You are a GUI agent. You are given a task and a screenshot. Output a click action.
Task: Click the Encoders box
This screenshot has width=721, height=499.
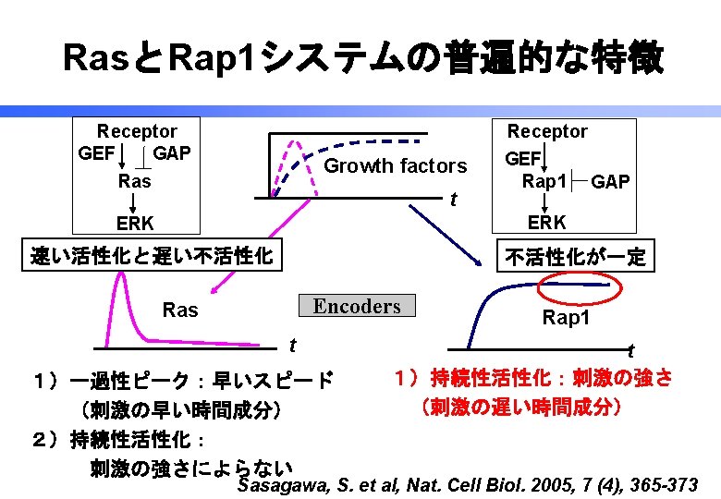click(357, 306)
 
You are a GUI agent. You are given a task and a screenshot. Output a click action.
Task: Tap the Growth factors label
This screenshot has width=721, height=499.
click(396, 166)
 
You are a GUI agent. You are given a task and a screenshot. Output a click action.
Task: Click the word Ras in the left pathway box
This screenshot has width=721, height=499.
click(135, 181)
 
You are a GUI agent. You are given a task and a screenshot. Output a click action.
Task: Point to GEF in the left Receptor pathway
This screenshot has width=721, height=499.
click(96, 152)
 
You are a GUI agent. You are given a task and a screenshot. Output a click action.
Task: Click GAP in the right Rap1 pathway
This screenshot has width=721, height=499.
click(611, 182)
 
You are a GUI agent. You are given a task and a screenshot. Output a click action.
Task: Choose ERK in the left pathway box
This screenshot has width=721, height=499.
click(135, 223)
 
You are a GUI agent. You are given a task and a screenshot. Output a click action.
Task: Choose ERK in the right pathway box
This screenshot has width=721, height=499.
click(547, 223)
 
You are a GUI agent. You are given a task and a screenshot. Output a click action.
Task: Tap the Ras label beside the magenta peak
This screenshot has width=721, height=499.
click(180, 310)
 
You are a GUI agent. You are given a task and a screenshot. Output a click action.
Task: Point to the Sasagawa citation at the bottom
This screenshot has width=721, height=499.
click(467, 484)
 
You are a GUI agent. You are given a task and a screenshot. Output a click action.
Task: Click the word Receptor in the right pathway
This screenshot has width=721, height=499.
click(547, 132)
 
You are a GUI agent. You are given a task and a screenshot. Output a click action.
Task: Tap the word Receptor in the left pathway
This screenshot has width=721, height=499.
click(137, 132)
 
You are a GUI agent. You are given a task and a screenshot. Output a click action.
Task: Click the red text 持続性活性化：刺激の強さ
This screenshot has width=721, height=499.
click(532, 379)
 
